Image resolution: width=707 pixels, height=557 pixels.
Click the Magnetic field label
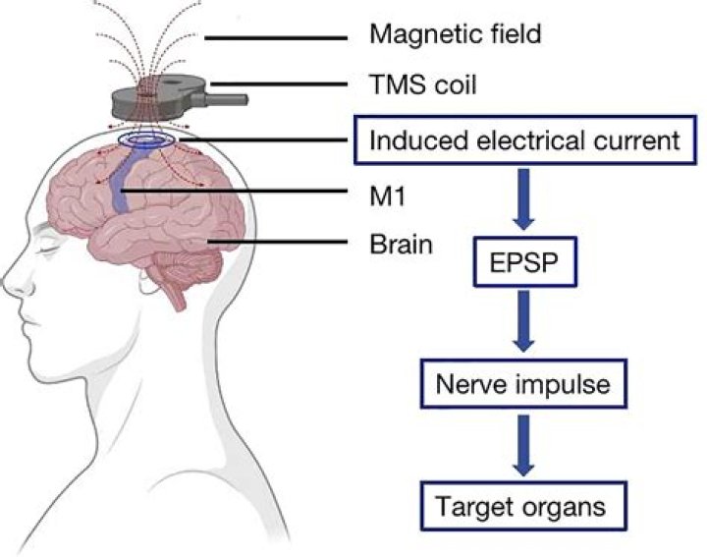(x=456, y=35)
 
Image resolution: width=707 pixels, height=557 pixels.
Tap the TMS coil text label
(x=422, y=85)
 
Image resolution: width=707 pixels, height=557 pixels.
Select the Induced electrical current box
(x=523, y=141)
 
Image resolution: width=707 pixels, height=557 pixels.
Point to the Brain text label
(x=401, y=244)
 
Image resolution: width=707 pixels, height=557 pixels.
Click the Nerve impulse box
(x=523, y=384)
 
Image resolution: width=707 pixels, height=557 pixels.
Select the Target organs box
(x=523, y=508)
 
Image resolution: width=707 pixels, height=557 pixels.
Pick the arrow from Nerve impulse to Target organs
(x=523, y=446)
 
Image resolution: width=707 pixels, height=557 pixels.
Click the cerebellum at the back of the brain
(x=196, y=267)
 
